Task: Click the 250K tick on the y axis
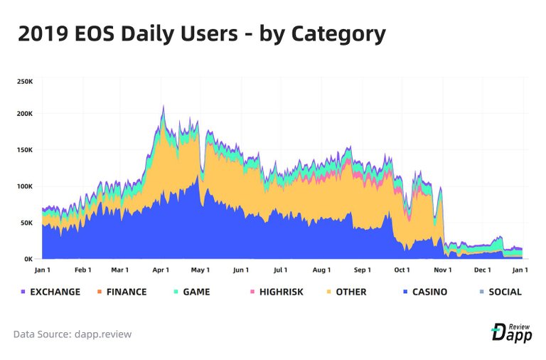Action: pyautogui.click(x=25, y=81)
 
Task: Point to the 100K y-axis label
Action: pyautogui.click(x=25, y=186)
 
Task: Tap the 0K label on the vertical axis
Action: pyautogui.click(x=28, y=259)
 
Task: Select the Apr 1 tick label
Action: pyautogui.click(x=161, y=270)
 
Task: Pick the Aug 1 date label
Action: pyautogui.click(x=321, y=270)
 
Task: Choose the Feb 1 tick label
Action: pyautogui.click(x=83, y=270)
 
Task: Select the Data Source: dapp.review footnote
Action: pyautogui.click(x=72, y=334)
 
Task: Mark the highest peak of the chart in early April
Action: pyautogui.click(x=164, y=106)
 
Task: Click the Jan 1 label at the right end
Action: pyautogui.click(x=520, y=270)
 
